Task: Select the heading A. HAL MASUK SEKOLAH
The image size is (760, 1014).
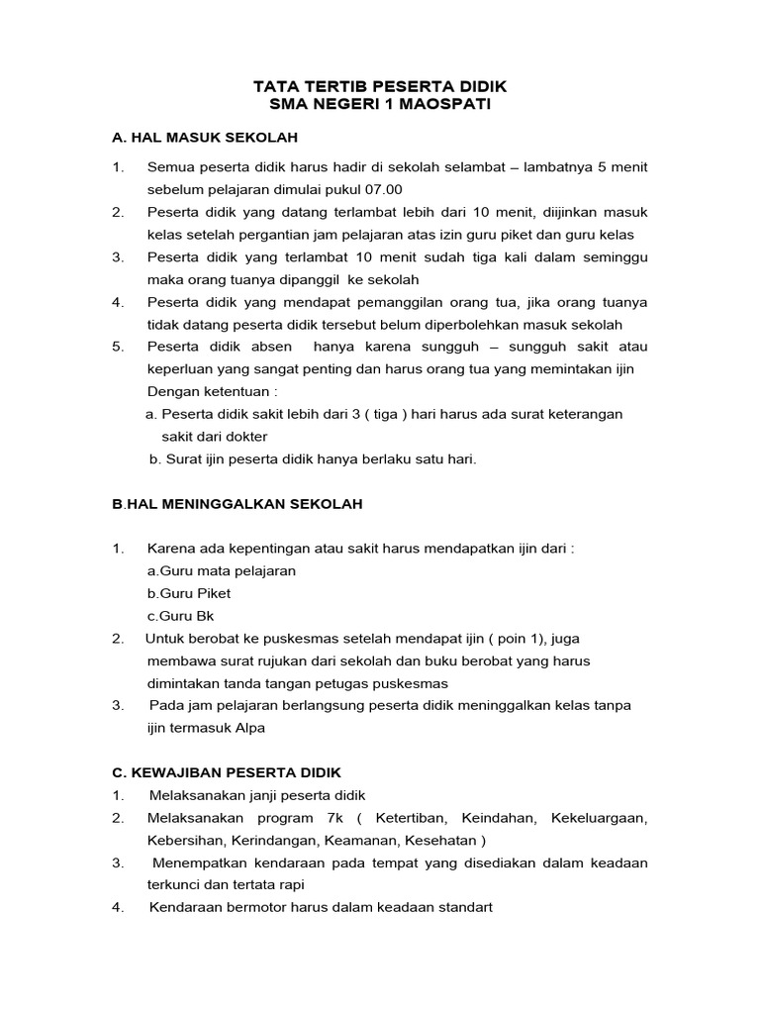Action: point(205,137)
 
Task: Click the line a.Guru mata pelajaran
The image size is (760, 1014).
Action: point(221,570)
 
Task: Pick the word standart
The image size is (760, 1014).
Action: point(459,907)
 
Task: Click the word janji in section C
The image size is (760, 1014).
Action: point(252,795)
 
